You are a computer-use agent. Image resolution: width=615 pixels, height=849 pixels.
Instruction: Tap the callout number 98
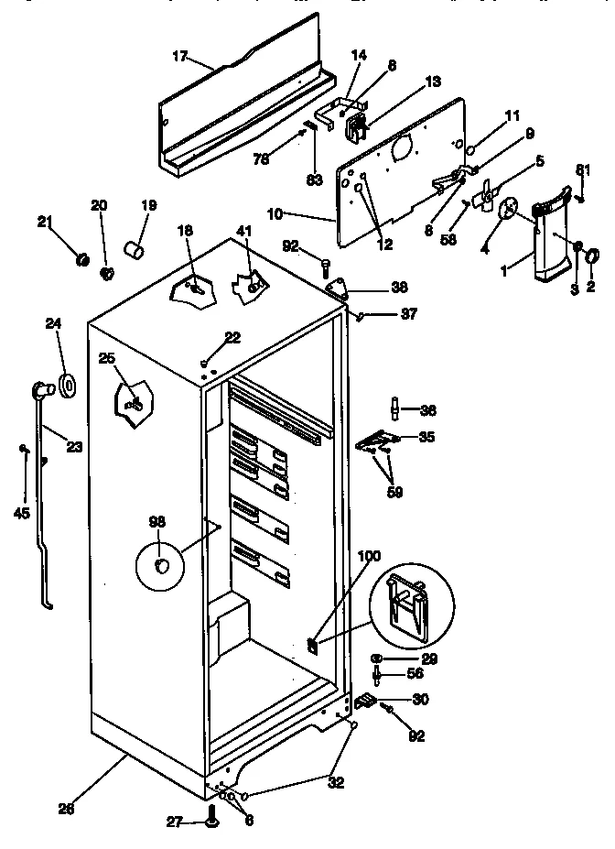pos(156,522)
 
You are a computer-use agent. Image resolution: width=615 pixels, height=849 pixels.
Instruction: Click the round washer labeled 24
pos(68,386)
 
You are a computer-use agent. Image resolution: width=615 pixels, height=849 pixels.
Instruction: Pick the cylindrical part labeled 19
pos(135,248)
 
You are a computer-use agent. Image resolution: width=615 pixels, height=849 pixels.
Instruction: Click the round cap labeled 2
pos(589,254)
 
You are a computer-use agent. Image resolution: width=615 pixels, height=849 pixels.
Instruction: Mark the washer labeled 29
pos(377,659)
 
